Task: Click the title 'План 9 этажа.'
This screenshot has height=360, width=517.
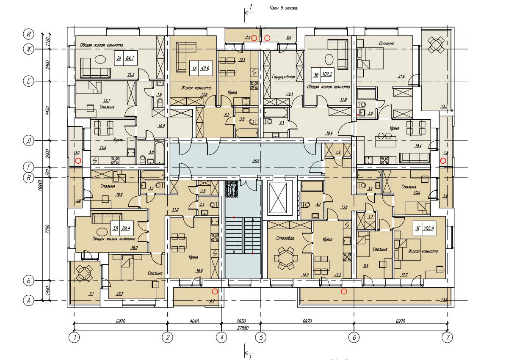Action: [x=284, y=8]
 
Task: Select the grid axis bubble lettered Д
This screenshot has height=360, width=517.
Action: [x=29, y=141]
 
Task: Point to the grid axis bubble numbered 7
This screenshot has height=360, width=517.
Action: [x=447, y=337]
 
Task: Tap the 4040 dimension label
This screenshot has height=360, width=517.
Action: [x=195, y=322]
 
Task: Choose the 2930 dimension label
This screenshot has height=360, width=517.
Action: [x=241, y=322]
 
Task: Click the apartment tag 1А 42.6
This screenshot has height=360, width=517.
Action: [x=200, y=68]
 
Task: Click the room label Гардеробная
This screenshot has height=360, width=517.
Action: [x=284, y=77]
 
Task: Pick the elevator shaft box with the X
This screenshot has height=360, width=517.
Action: [x=279, y=198]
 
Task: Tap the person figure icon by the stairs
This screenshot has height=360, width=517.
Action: [x=231, y=189]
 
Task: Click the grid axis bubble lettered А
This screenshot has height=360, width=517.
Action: [x=29, y=301]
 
